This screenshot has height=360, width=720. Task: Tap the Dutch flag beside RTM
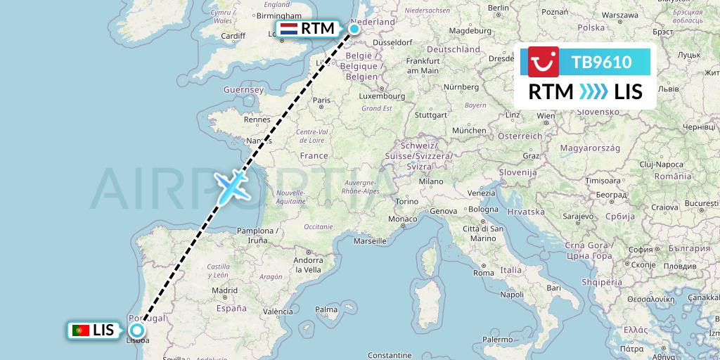coord(288,29)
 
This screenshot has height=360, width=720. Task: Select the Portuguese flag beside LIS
coord(81,330)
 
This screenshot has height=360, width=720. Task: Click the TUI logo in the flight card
coord(544,62)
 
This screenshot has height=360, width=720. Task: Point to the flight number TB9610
coord(601,62)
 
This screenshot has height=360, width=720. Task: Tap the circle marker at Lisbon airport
coord(136,330)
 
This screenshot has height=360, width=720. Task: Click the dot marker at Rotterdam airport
coord(354,29)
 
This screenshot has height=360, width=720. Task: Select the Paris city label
coord(321,101)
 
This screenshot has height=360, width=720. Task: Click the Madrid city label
coord(225,290)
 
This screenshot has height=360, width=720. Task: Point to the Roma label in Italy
coord(484,272)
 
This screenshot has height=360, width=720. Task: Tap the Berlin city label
coord(498,8)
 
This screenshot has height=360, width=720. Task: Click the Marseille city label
coord(371,241)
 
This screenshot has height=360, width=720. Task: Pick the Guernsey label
coord(243,90)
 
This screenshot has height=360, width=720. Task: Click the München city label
coord(469,130)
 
